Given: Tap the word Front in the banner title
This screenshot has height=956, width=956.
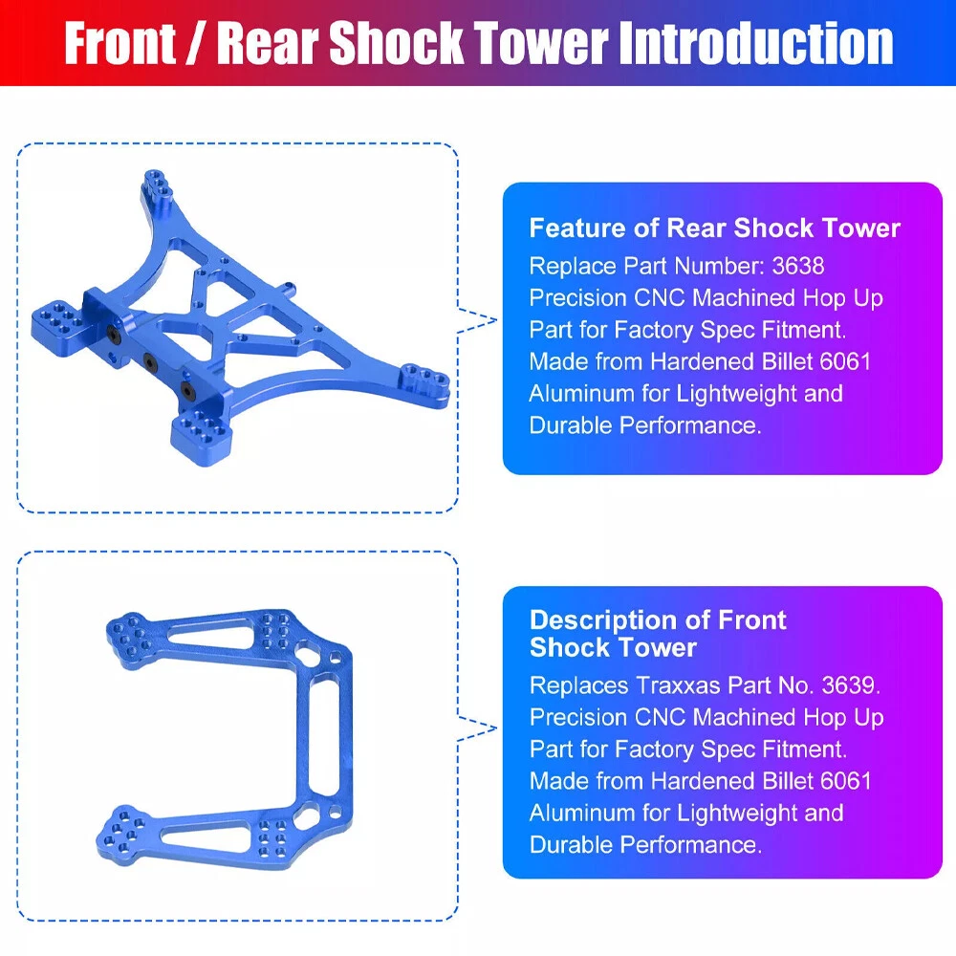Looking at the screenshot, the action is pos(119,43).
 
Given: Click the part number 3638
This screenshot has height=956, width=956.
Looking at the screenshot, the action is pos(798,266).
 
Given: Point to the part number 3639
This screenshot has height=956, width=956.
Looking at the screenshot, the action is pos(848,685).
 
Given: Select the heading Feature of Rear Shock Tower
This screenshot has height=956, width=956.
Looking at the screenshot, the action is pos(714,228).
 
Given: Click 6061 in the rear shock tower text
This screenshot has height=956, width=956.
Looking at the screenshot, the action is pos(845,361).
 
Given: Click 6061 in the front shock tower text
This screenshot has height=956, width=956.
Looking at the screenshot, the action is pos(846,781).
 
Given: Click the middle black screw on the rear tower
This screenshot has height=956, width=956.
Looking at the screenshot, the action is pos(149,362).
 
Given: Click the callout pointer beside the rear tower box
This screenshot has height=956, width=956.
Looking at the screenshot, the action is pos(477,320).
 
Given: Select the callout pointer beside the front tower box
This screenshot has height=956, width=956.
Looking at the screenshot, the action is pos(477,728).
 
